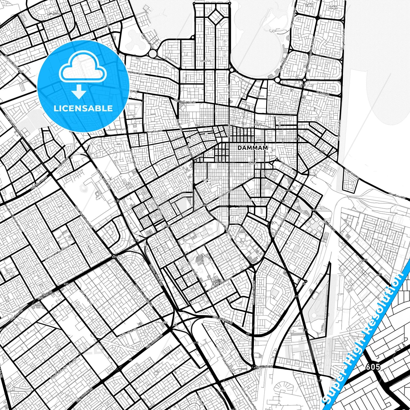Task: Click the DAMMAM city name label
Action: (252, 148)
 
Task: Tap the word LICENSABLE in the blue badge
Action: (83, 108)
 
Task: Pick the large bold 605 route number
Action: (373, 367)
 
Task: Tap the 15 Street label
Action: (186, 79)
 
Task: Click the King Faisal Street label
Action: (262, 125)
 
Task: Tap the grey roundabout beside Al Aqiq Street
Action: (153, 54)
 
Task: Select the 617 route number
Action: (322, 152)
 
